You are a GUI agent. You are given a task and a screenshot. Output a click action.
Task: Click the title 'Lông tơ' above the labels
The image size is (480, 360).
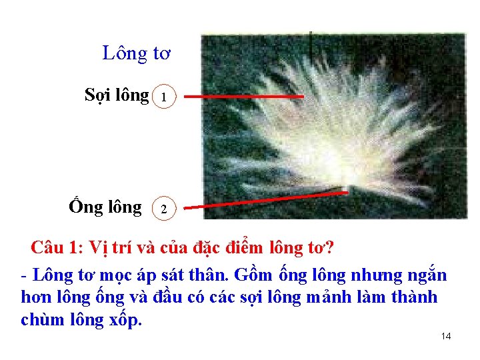click(137, 53)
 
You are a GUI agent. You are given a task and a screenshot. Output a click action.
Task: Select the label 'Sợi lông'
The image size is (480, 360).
click(117, 95)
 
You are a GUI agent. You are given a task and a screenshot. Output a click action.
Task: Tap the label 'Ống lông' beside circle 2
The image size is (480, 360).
click(105, 207)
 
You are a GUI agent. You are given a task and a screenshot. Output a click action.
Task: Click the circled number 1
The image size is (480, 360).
click(165, 98)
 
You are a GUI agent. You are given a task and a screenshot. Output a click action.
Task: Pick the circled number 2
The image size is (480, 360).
click(165, 209)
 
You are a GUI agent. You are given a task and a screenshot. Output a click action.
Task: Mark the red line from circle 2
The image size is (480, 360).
click(267, 200)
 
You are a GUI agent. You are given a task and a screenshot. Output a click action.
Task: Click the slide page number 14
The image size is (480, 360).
click(446, 336)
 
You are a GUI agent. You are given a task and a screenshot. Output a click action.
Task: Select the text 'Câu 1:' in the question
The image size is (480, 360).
click(57, 249)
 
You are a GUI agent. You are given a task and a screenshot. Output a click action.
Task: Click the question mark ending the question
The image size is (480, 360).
click(329, 249)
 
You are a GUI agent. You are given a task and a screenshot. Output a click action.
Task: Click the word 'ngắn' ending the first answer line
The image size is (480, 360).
click(427, 275)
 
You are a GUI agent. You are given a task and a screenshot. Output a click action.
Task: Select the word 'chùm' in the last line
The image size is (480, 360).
click(42, 319)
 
